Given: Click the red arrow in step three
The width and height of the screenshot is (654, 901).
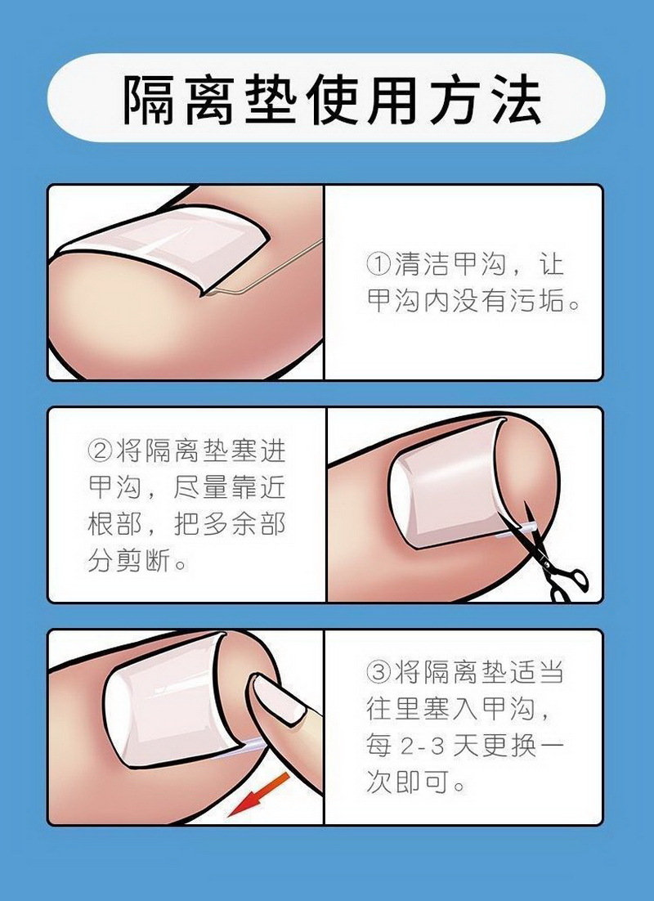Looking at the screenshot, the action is pos(258,795).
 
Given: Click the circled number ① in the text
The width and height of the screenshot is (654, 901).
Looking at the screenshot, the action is pos(379,264).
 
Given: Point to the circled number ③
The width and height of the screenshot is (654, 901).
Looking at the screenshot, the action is pos(379,672).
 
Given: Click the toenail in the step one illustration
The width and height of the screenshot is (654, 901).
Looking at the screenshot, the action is pos(163,246).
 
